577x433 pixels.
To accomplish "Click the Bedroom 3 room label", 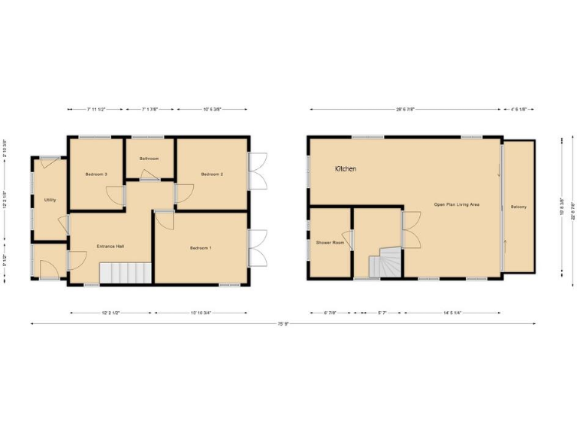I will pos(96,174).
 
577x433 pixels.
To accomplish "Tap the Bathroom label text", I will pos(149,159).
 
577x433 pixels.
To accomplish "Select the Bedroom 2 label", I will pos(213,174).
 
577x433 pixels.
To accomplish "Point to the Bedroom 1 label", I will pos(201,248).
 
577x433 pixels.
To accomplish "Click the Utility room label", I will pos(50,200).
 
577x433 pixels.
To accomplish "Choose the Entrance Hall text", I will pos(110,247).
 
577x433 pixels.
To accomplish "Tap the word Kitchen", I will pos(346,169).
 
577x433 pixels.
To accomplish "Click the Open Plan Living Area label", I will pos(457,204).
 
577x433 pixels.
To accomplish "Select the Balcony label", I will pos(518,207).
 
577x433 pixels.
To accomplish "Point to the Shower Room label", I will pos(330,243).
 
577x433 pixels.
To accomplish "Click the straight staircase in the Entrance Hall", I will pos(125,273).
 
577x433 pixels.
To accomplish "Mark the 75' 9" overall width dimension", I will pos(283,324).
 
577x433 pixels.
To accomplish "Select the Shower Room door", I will pos(348,239).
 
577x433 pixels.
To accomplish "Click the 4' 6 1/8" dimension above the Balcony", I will pos(518,110).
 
